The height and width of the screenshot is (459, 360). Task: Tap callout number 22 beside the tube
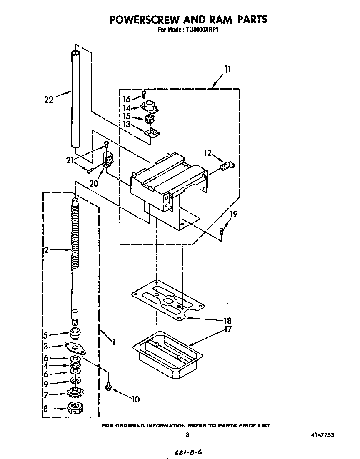coord(50,99)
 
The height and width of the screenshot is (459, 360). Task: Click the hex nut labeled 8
coord(75,408)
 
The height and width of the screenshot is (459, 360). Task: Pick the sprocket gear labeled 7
coord(75,392)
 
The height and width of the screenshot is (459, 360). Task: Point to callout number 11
coord(227,70)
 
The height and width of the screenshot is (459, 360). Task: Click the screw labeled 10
coord(108,387)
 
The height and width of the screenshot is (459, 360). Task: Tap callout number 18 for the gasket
coord(227,321)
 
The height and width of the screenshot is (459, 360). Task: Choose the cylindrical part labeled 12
coord(227,167)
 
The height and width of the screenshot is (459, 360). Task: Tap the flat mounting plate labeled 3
coord(74,345)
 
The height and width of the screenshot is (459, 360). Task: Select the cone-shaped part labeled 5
coord(75,333)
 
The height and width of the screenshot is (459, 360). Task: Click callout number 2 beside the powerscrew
coord(46,250)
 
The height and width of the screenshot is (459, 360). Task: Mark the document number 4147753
coord(322,435)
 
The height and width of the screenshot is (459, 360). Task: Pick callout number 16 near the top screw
coord(127,99)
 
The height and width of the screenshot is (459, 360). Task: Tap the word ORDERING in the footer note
coord(133,426)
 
